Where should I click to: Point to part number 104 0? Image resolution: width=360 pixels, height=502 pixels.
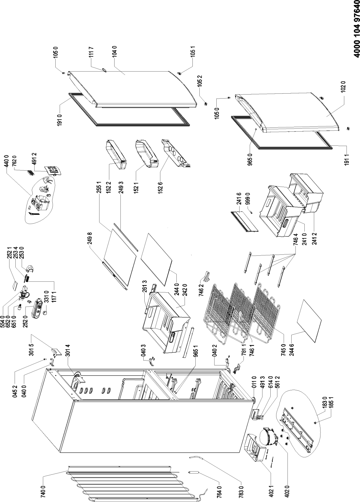coord(115,53)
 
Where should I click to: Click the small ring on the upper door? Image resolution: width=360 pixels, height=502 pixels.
coord(104,69)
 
